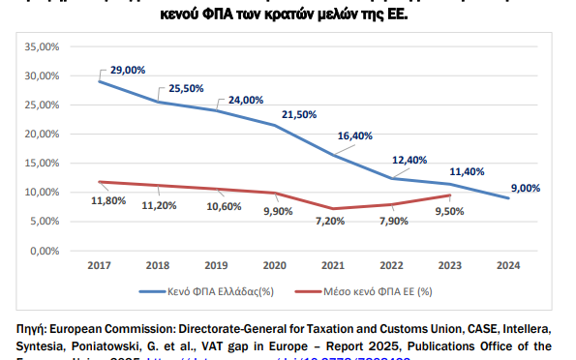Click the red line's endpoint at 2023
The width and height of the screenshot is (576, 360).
click(x=447, y=195)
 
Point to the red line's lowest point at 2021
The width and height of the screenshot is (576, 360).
click(x=332, y=209)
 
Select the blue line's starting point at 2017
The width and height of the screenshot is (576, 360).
click(x=101, y=81)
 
